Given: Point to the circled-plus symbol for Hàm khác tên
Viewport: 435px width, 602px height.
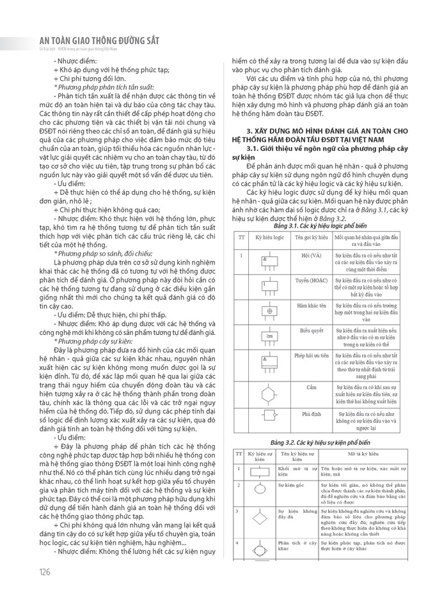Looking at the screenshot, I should (x=269, y=311).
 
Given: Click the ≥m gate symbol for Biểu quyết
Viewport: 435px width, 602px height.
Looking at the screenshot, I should (x=269, y=336).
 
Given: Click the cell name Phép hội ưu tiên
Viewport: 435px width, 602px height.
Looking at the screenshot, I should (x=311, y=354).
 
